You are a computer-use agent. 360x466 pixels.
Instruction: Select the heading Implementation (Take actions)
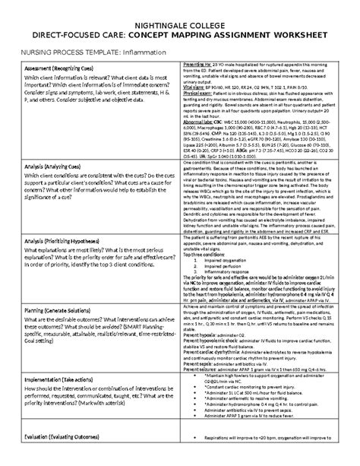point(69,380)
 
